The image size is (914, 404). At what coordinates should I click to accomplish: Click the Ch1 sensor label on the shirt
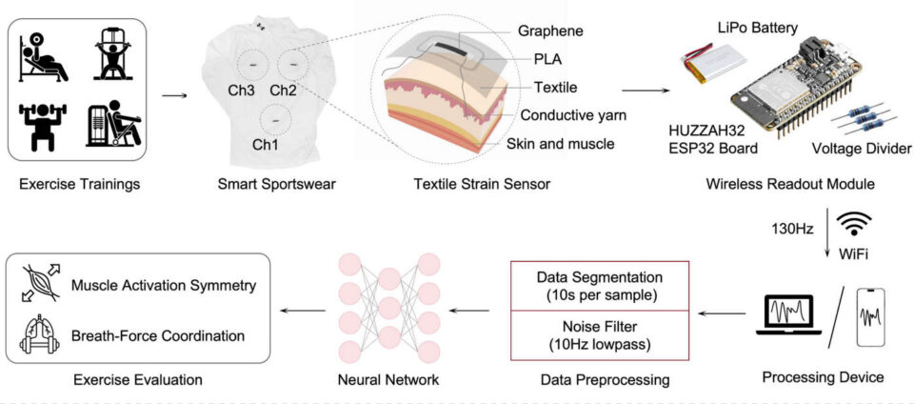pos(266,145)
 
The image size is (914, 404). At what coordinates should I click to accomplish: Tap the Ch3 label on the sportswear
pos(240,91)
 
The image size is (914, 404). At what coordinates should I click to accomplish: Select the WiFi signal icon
pos(854,223)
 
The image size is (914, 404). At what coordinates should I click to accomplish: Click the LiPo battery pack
pos(707,64)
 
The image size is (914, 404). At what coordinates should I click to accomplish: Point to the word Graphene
pos(550,30)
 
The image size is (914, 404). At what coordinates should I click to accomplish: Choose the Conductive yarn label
pos(573,115)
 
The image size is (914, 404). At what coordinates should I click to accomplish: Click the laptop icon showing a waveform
pos(788,314)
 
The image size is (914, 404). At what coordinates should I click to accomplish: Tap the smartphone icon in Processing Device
pos(869,317)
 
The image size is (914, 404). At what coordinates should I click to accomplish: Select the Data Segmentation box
pos(600,286)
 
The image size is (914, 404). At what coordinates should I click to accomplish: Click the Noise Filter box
pos(600,335)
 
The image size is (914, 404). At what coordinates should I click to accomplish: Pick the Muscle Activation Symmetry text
pos(163,286)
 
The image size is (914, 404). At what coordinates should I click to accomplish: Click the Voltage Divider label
pos(862,150)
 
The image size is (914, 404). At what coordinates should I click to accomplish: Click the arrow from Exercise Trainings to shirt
pos(174,94)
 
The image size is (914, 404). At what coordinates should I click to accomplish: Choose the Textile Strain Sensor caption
pos(482,185)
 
